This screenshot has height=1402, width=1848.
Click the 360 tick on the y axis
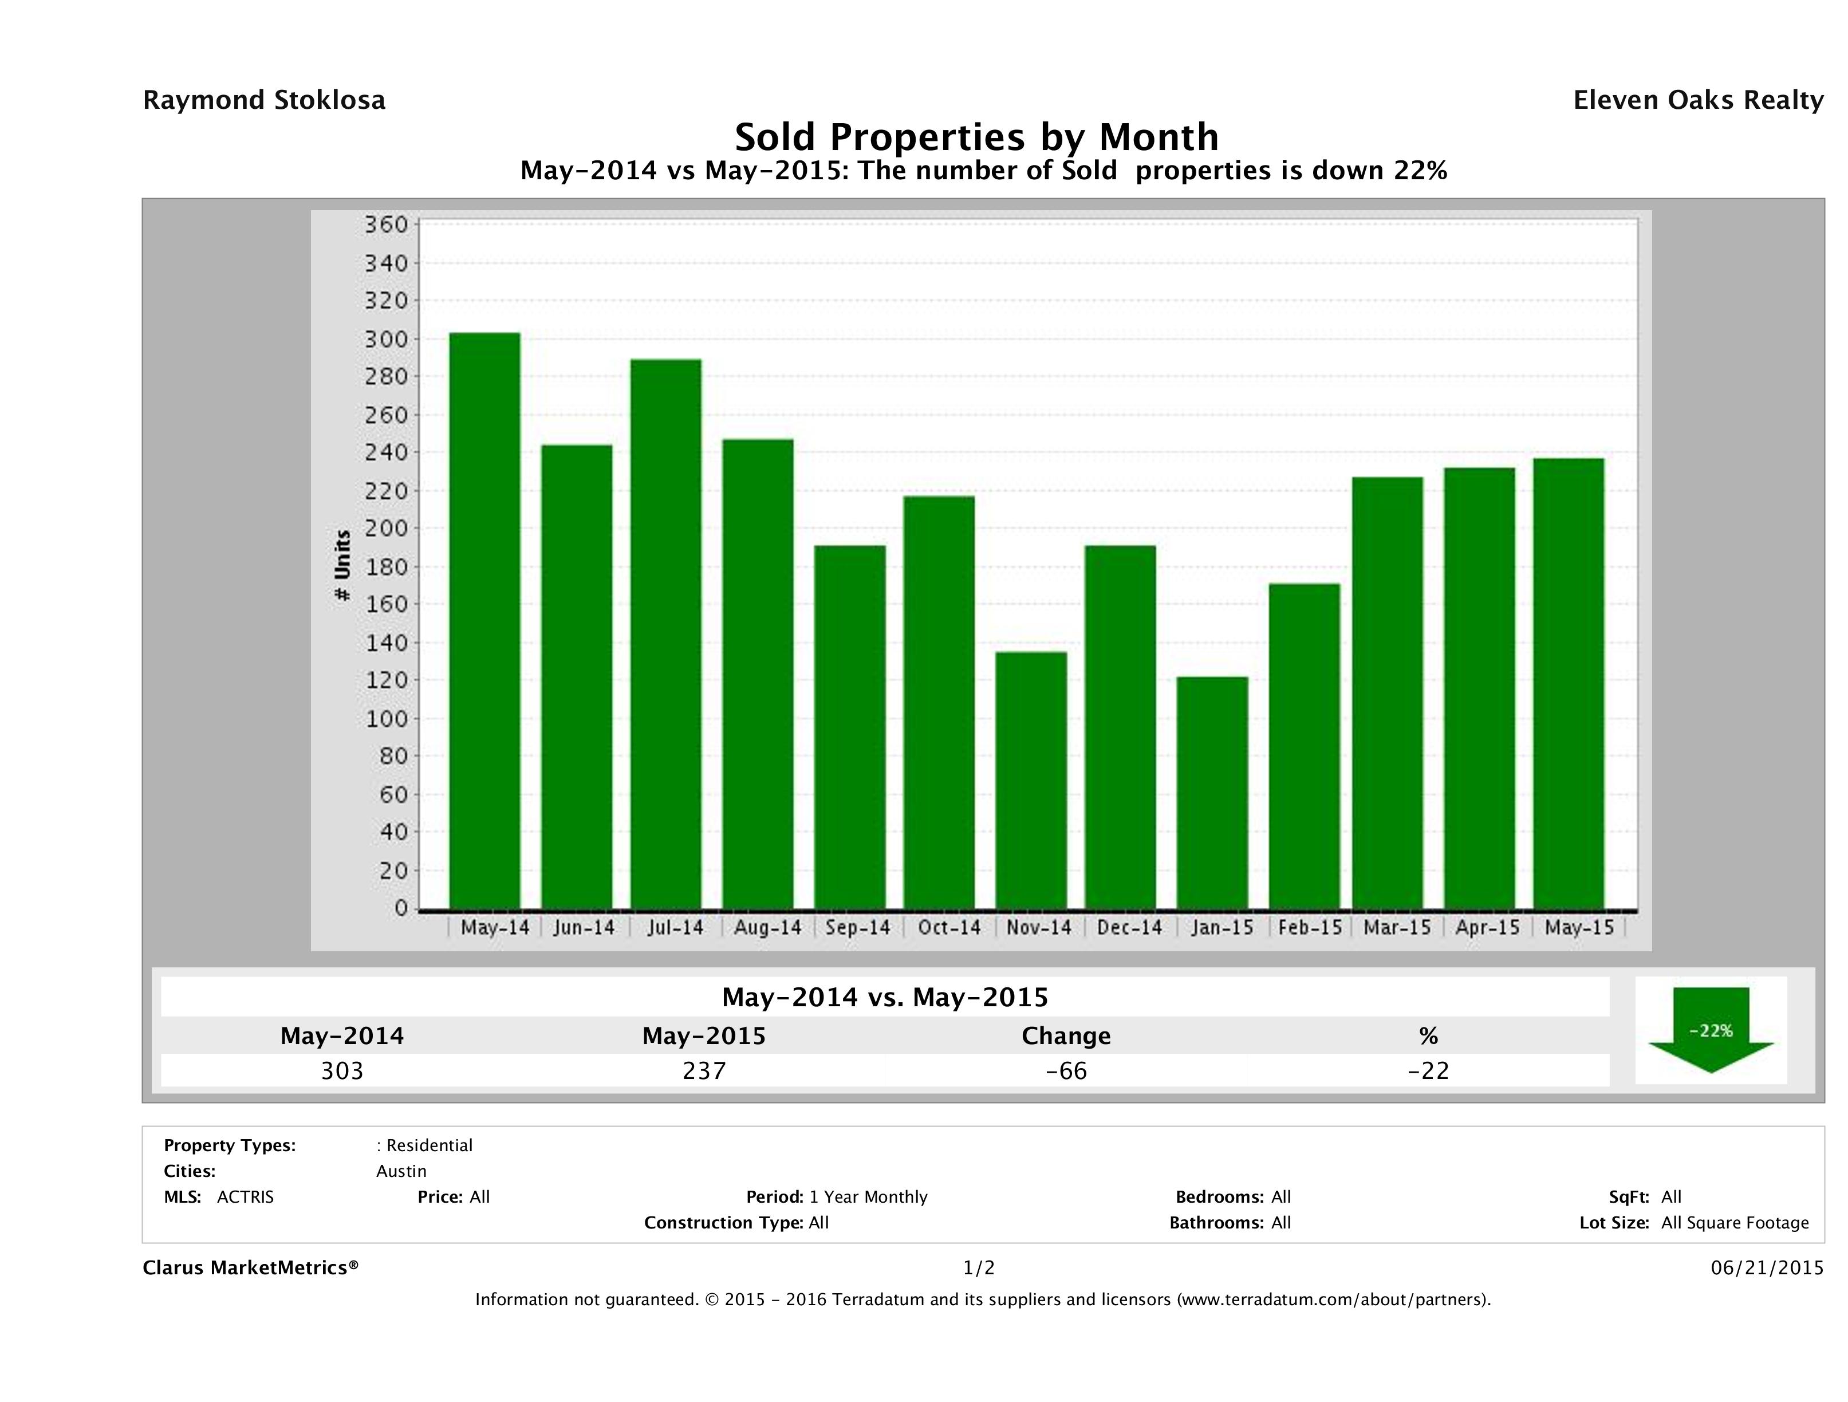coord(385,225)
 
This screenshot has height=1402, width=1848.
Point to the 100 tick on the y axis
coord(385,719)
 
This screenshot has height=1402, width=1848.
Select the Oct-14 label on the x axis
coord(949,927)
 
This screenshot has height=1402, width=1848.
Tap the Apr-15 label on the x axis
coord(1487,927)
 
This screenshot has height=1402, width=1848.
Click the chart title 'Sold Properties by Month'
coord(976,136)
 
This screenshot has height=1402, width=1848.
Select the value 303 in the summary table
coord(342,1070)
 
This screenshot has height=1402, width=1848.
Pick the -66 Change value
coord(1066,1070)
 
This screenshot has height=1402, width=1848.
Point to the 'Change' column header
coord(1066,1036)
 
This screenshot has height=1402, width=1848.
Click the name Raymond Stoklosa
coord(264,100)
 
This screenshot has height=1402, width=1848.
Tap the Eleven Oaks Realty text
coord(1697,100)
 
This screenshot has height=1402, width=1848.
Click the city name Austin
coord(401,1171)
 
